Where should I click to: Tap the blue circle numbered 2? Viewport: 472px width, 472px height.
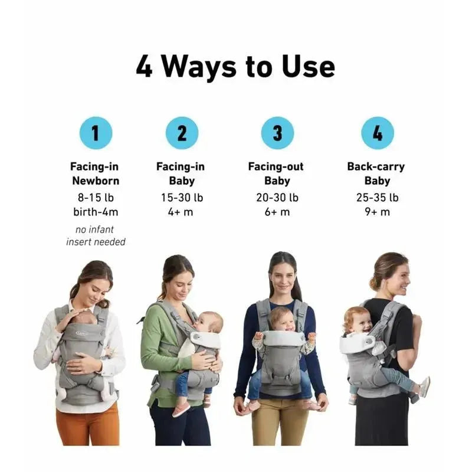(182, 133)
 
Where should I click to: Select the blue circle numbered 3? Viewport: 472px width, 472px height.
(277, 133)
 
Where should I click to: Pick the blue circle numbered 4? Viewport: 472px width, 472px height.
(377, 133)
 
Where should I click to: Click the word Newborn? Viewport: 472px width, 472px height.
(96, 181)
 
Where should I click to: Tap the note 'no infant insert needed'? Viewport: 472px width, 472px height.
(96, 235)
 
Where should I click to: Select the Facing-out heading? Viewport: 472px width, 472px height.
(276, 167)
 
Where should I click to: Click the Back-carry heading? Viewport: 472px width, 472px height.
(376, 167)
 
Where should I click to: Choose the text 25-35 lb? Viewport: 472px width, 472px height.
(377, 198)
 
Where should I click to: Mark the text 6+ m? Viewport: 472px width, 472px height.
(277, 212)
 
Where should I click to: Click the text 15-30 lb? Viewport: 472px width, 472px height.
(182, 198)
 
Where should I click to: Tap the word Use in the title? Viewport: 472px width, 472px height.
(306, 67)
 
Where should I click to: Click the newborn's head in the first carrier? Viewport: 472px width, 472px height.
(86, 318)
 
